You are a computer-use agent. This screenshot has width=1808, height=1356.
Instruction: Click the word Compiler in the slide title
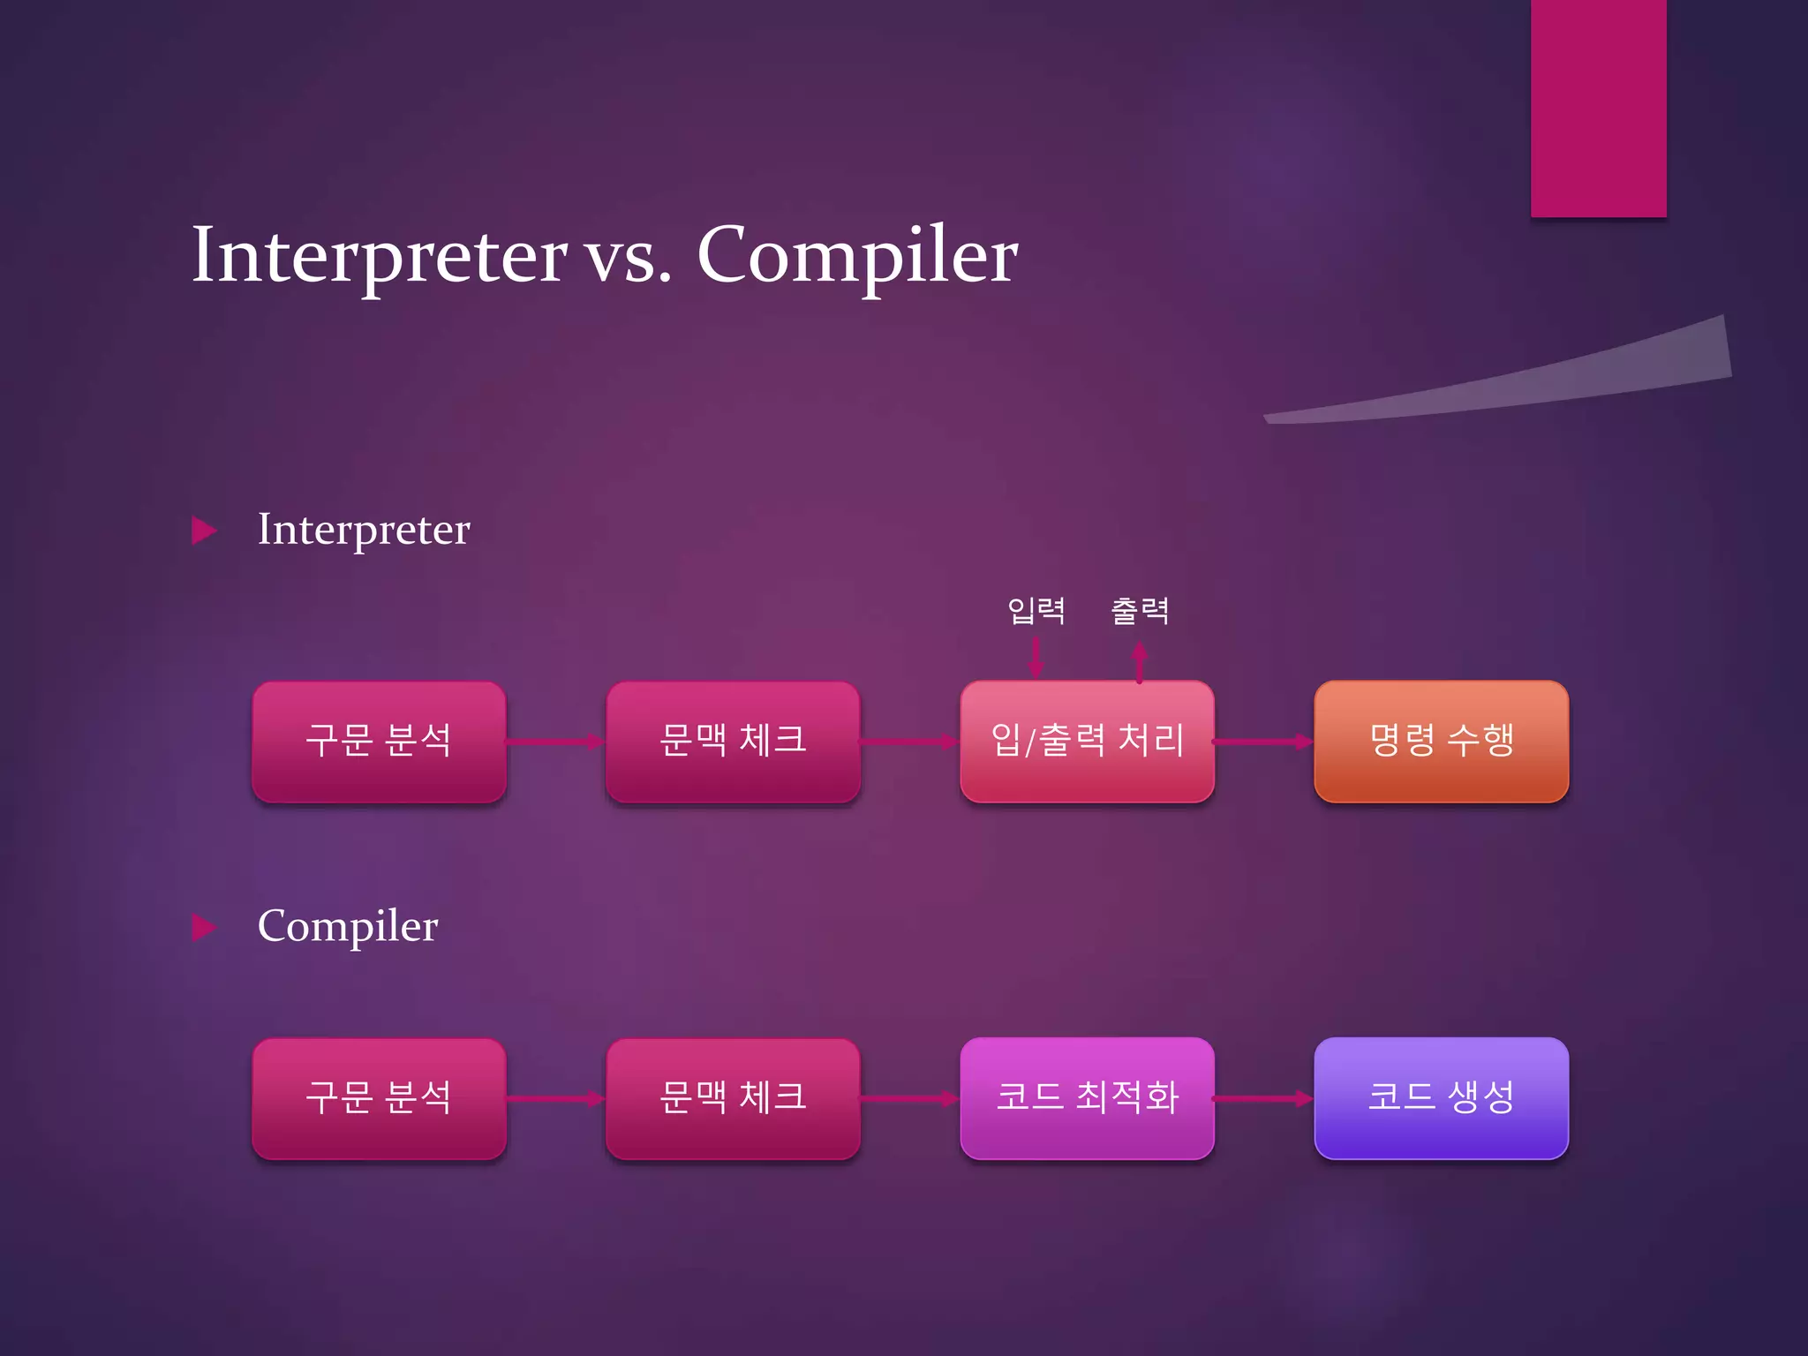tap(856, 255)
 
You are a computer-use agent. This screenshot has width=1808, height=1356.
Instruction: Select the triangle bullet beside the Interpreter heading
tap(204, 531)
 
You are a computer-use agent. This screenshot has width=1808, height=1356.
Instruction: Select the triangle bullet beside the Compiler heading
tap(204, 927)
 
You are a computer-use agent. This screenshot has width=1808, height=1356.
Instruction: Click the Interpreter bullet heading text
tap(363, 530)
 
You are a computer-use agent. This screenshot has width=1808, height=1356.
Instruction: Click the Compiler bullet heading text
tap(347, 926)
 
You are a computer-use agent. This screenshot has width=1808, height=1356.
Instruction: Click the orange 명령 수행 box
tap(1441, 741)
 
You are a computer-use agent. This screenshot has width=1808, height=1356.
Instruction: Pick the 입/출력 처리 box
tap(1087, 741)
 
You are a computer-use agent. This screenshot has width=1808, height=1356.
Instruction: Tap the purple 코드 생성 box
tap(1441, 1097)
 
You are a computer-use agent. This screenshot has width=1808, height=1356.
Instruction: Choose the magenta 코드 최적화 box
tap(1087, 1097)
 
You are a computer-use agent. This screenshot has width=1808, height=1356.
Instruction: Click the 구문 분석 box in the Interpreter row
tap(379, 741)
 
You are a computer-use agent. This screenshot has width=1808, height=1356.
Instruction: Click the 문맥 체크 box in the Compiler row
tap(733, 1097)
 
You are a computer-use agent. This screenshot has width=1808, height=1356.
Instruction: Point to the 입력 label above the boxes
tap(1036, 610)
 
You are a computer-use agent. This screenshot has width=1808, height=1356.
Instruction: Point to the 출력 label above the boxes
tap(1140, 610)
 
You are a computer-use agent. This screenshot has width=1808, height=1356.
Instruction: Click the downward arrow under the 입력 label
tap(1036, 658)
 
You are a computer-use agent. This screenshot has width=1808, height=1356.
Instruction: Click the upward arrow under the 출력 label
tap(1140, 662)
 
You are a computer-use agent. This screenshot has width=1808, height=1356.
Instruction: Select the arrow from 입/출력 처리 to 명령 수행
tap(1263, 742)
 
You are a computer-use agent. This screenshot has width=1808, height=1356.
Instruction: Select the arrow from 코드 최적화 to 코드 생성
tap(1263, 1098)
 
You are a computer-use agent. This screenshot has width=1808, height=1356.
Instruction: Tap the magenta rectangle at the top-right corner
tap(1598, 106)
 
